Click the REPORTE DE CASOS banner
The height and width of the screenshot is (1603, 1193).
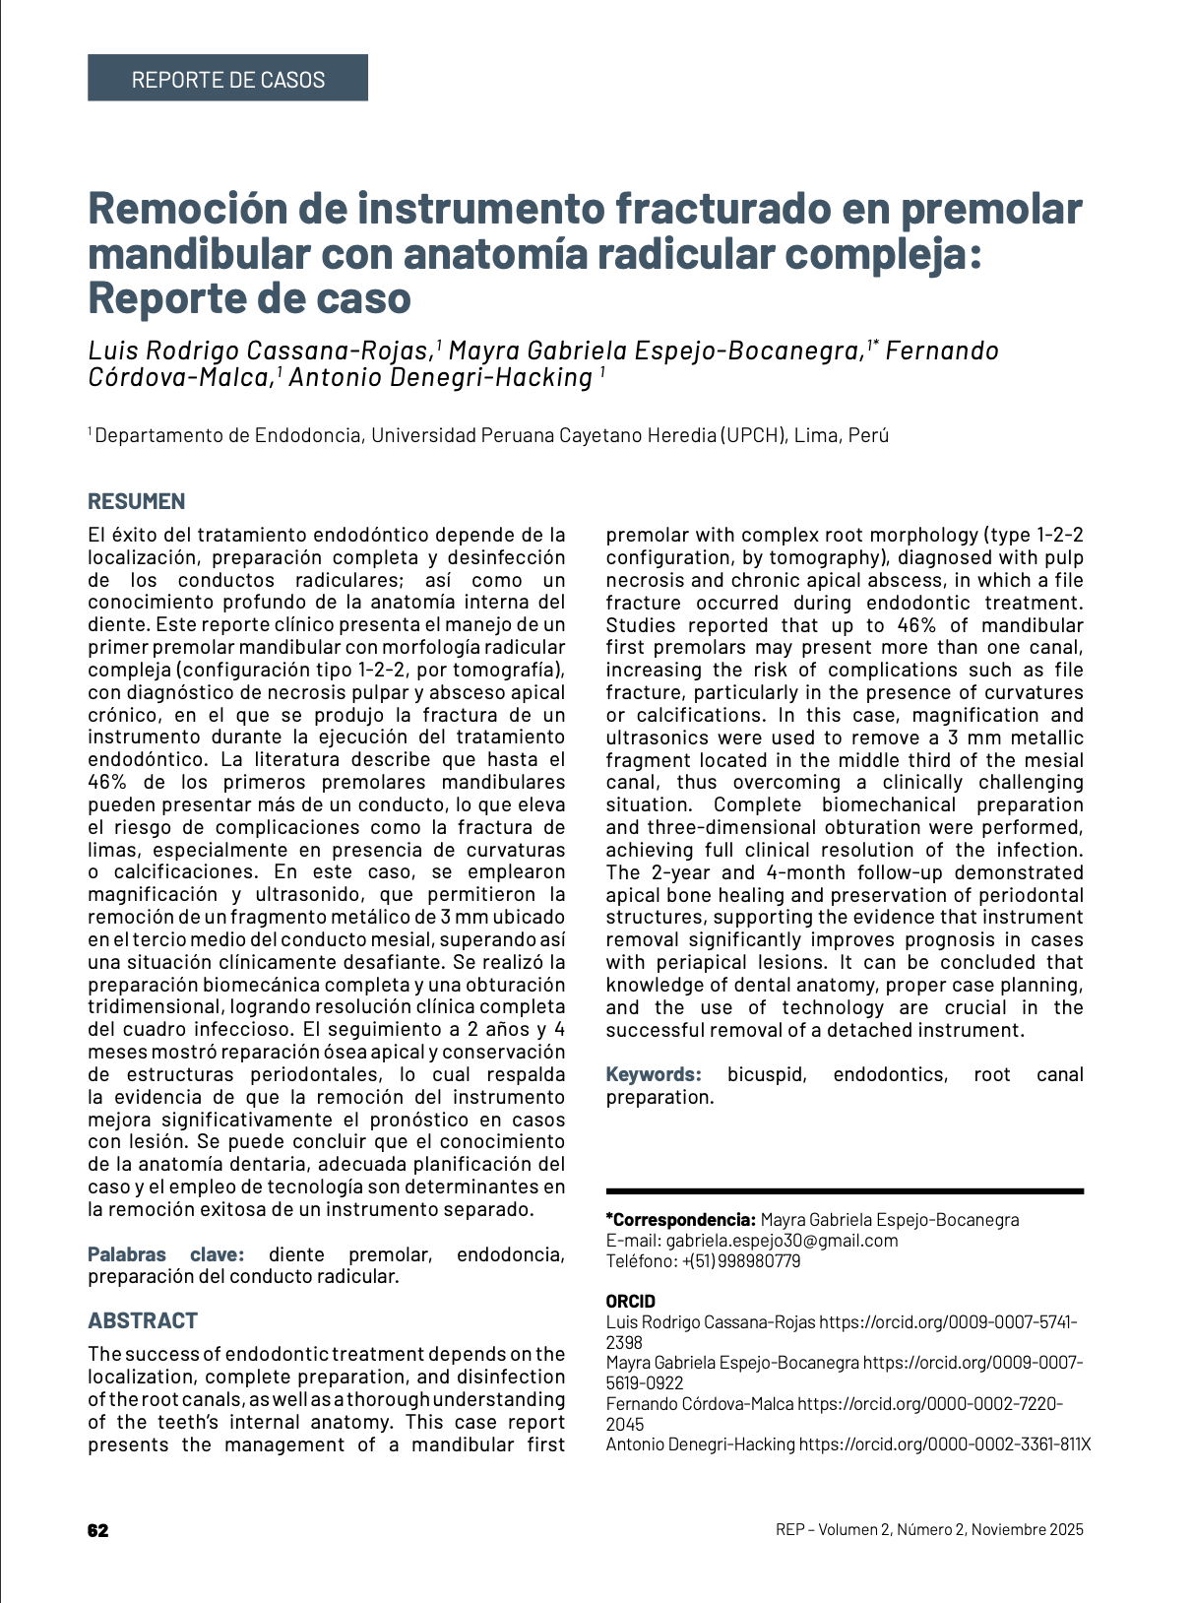(227, 79)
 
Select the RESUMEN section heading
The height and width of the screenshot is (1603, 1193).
(136, 501)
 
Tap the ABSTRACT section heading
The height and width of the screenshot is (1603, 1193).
(143, 1320)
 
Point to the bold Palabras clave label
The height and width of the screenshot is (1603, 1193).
(164, 1254)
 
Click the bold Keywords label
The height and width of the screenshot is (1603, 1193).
(653, 1074)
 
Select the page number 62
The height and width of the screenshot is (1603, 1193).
(97, 1530)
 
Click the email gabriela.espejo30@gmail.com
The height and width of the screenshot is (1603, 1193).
(782, 1241)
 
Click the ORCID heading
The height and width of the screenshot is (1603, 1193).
(630, 1302)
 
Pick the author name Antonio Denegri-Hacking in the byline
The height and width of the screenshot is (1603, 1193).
(440, 377)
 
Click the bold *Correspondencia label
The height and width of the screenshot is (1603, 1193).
(680, 1220)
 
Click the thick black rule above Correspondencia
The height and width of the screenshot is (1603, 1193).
(845, 1191)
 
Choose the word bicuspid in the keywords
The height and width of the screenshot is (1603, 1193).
(767, 1074)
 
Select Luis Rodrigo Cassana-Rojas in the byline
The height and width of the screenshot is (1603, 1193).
(260, 351)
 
